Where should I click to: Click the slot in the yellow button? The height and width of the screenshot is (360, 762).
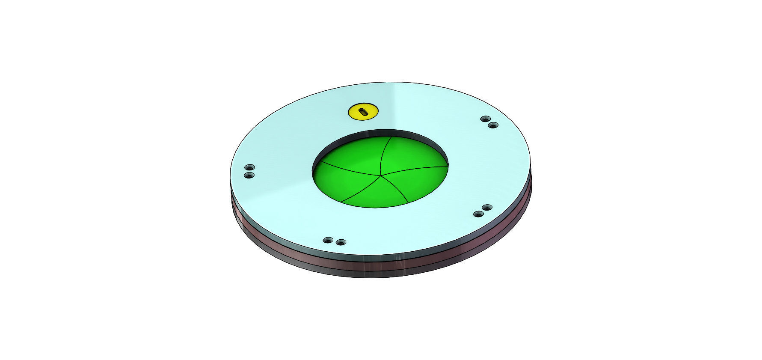[363, 112]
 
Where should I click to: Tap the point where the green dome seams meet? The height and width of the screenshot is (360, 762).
[380, 175]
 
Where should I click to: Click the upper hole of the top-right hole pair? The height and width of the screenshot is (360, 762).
[485, 119]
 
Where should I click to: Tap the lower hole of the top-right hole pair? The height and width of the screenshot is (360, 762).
[493, 125]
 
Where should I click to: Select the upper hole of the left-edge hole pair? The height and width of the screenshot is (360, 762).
[249, 167]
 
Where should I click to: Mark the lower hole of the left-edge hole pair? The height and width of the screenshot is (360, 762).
[249, 175]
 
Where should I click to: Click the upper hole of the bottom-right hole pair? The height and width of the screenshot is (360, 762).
[487, 208]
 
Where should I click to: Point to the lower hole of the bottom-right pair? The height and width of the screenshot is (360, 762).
[478, 214]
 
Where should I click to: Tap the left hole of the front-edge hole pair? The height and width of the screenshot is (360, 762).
[328, 240]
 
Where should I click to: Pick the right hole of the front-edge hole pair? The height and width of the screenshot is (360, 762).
[341, 242]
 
